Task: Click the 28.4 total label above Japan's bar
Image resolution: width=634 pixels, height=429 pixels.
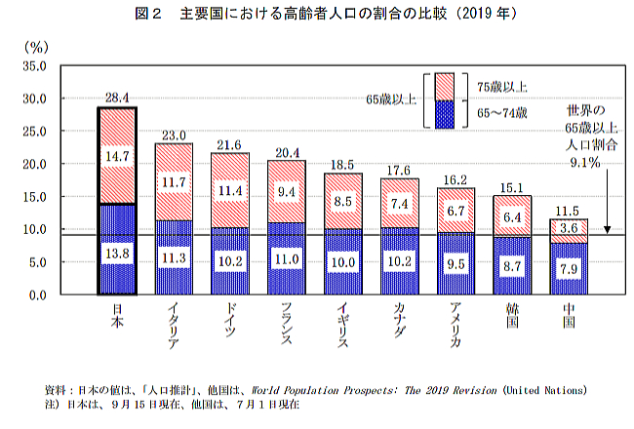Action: (118, 97)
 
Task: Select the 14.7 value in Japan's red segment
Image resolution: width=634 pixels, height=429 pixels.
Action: (118, 154)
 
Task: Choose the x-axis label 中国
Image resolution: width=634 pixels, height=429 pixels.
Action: (569, 319)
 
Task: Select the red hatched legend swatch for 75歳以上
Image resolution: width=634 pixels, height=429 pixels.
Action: (446, 86)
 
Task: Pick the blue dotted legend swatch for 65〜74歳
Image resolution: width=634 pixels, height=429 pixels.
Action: (446, 114)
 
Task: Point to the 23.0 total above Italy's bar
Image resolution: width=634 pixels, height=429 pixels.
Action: (174, 135)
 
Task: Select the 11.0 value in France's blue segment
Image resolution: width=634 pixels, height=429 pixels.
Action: (287, 259)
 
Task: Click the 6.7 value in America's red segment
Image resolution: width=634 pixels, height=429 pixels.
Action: (456, 212)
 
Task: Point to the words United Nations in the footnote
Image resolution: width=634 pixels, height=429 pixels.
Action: (551, 389)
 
